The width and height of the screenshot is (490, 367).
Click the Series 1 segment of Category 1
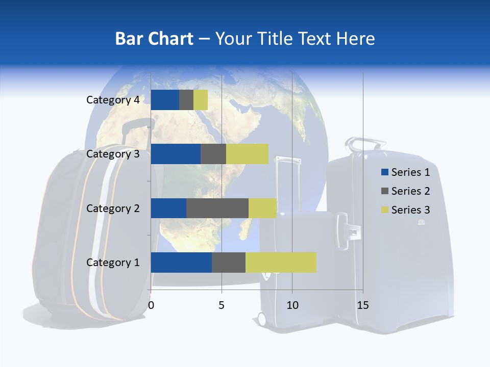[181, 263]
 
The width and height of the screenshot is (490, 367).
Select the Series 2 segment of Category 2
[217, 208]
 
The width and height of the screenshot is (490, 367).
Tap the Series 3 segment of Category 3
[247, 154]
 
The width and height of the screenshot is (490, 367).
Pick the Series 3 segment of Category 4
[201, 100]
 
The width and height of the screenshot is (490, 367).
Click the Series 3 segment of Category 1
[281, 263]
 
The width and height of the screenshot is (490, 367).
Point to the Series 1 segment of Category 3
[176, 154]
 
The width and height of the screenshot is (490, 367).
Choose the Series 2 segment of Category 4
[186, 100]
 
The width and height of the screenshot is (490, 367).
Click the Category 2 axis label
[113, 208]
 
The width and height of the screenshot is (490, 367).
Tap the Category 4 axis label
[113, 100]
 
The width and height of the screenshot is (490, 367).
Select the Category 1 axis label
[113, 263]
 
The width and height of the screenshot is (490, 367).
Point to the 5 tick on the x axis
[222, 305]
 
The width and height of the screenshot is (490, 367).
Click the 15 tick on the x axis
[363, 305]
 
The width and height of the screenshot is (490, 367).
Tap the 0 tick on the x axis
[151, 305]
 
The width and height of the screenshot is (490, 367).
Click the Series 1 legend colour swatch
[384, 172]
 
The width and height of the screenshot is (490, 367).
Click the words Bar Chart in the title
[154, 39]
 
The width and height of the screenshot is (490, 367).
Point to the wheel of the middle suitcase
[262, 319]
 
